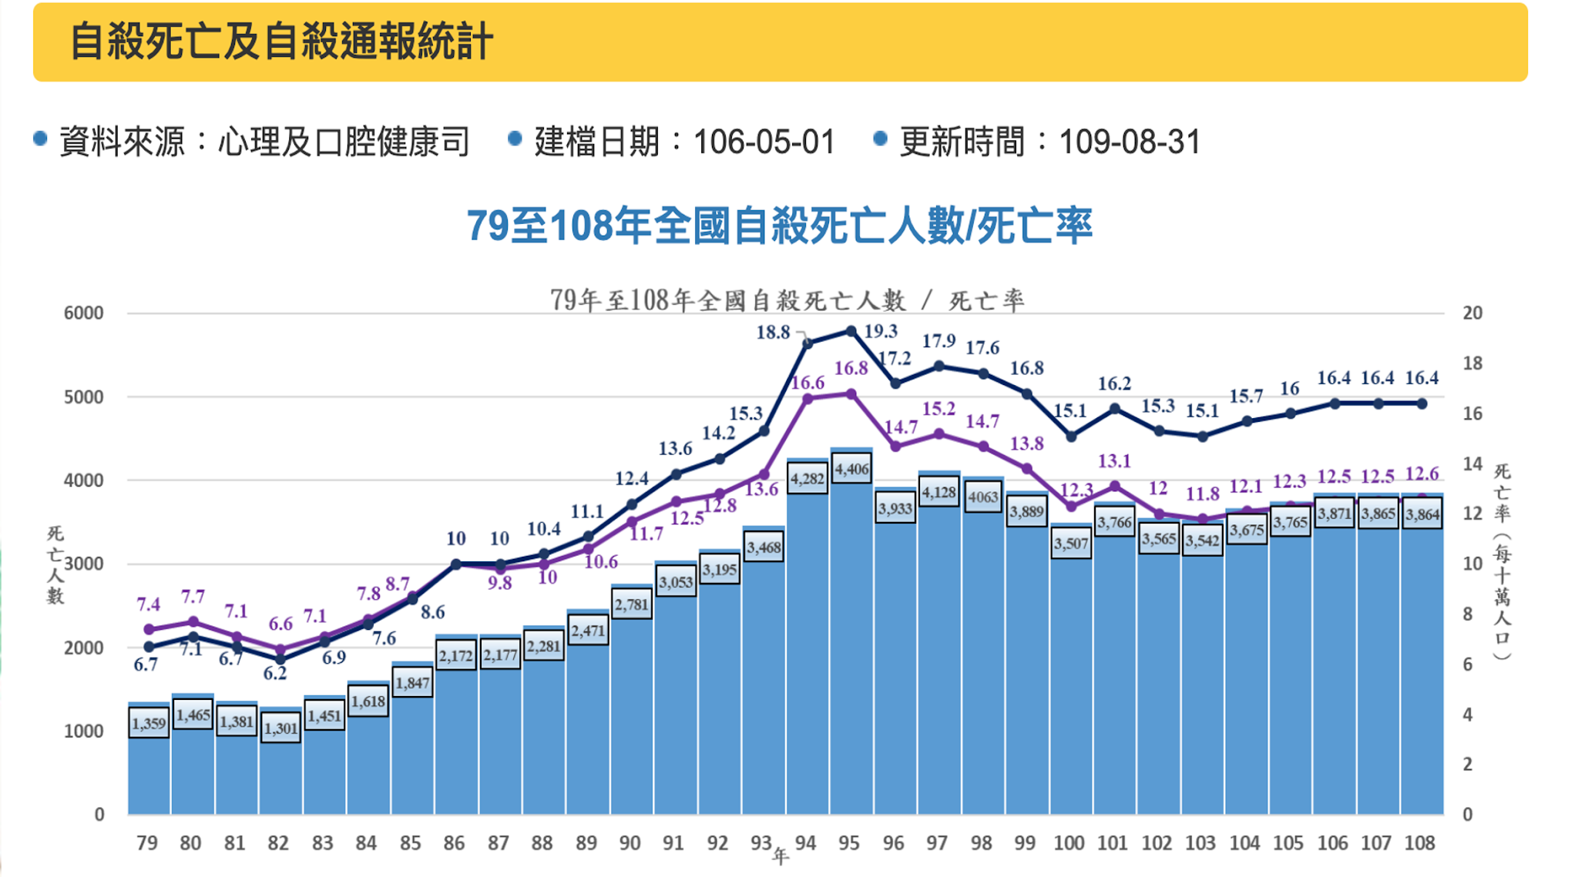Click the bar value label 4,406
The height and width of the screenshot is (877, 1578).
click(x=851, y=469)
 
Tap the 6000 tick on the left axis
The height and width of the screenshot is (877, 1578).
click(x=83, y=313)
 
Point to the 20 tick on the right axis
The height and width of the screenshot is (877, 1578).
click(x=1472, y=313)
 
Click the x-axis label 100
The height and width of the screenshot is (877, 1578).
click(x=1069, y=843)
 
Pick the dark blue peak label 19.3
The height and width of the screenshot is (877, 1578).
click(x=881, y=331)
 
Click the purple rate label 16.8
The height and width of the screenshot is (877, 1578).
click(x=851, y=369)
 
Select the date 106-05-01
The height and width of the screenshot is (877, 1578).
click(x=764, y=142)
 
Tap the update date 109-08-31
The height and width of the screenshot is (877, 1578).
click(x=1130, y=142)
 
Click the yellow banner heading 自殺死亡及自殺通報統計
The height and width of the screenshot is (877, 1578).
click(x=281, y=42)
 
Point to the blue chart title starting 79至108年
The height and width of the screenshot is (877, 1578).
click(x=779, y=226)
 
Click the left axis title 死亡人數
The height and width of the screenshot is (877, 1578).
click(x=55, y=565)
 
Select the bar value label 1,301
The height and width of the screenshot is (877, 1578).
click(x=280, y=728)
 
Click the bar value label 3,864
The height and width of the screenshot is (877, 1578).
click(x=1422, y=515)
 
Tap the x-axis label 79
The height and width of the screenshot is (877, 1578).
click(x=147, y=843)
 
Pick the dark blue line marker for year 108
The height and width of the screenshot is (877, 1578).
click(x=1422, y=403)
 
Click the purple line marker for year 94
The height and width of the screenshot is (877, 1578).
click(x=807, y=399)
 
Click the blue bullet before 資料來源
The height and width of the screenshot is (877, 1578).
click(x=40, y=139)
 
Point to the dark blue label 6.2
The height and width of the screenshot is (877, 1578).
click(x=275, y=673)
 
